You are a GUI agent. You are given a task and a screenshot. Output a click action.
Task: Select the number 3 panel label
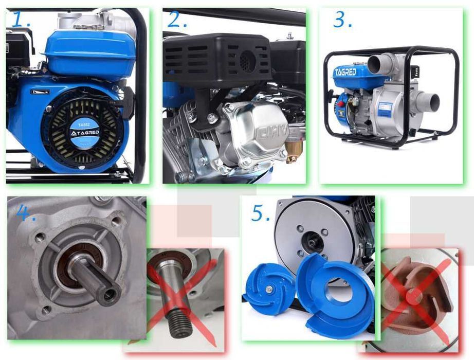tap(341, 20)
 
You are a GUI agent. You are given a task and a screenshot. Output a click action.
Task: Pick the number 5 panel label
tap(260, 212)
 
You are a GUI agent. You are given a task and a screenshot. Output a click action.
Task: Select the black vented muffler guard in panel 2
tap(217, 61)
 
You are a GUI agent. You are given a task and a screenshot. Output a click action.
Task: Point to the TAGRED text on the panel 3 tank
tap(345, 71)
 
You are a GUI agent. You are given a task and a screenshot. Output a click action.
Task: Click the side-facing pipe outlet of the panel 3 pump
tap(427, 101)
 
